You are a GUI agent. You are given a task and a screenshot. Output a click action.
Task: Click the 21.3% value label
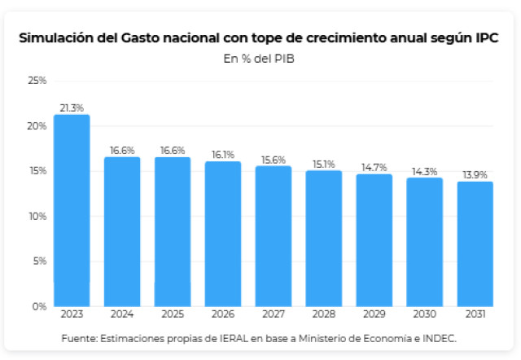72,108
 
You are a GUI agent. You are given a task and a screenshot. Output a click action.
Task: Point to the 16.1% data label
222,154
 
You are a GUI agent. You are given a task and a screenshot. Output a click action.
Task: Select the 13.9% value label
475,174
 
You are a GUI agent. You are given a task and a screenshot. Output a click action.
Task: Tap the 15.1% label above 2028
323,163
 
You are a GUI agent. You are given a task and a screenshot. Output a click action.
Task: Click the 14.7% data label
374,167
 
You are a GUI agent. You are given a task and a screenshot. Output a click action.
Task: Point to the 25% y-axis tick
37,81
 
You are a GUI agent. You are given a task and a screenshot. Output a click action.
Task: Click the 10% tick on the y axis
37,216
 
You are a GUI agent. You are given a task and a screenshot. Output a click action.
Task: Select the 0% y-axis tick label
40,306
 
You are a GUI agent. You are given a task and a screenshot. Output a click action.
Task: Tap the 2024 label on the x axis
122,314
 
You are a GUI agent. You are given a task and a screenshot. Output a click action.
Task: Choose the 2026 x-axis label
222,314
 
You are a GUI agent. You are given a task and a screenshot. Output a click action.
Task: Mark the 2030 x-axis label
424,314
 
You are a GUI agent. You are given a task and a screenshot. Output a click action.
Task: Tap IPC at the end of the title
487,38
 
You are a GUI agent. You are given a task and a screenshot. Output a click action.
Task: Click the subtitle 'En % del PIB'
260,58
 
